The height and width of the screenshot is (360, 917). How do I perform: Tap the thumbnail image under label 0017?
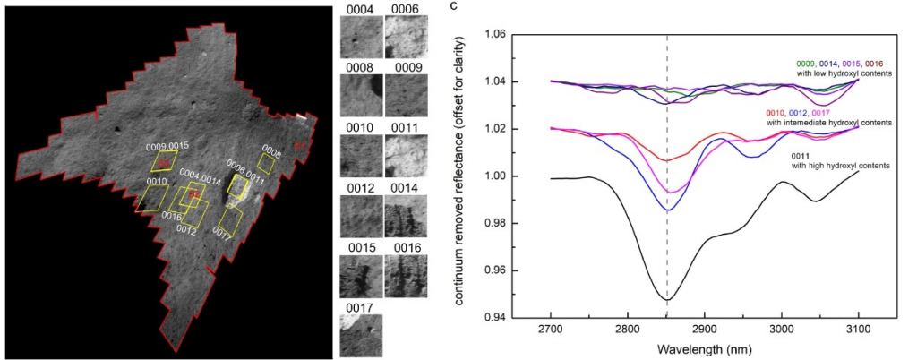click(361, 335)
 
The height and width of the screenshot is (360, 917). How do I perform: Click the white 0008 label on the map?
click(270, 152)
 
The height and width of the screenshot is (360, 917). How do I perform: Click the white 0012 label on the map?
click(187, 230)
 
